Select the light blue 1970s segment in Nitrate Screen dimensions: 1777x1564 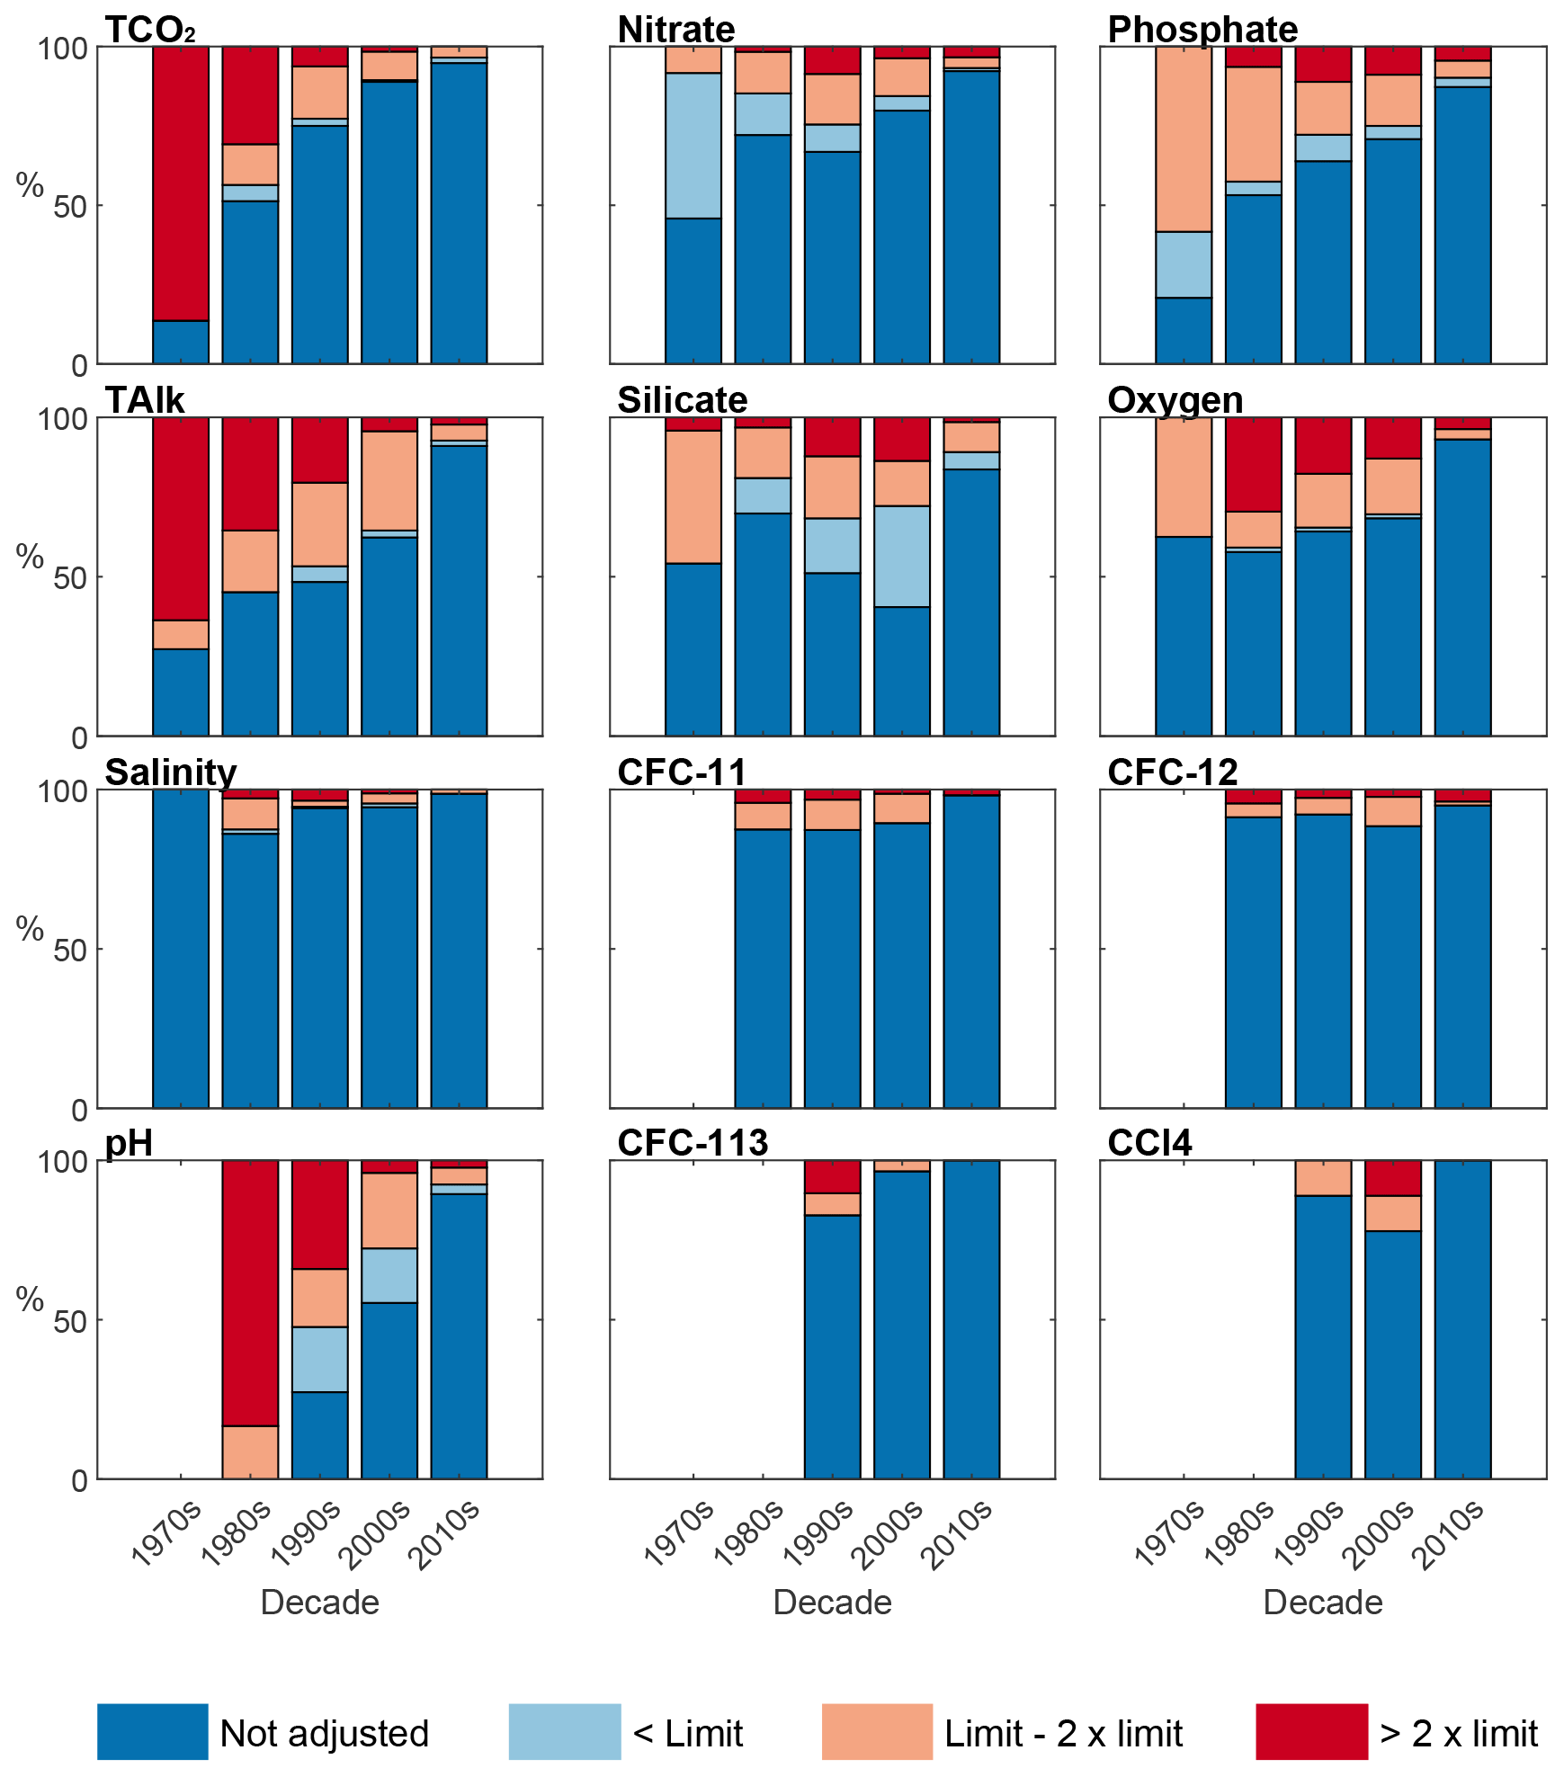tap(693, 145)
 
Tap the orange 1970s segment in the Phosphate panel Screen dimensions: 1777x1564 tap(1184, 138)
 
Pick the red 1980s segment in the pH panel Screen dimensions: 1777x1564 tap(250, 1292)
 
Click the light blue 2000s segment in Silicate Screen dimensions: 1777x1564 tap(902, 556)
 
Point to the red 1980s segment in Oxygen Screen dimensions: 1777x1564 tap(1253, 464)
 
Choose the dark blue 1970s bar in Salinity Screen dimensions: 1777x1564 tap(181, 949)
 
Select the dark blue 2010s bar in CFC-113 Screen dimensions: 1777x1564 tap(971, 1319)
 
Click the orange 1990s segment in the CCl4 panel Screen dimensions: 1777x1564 tap(1323, 1177)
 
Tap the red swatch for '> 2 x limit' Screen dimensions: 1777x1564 tap(1311, 1731)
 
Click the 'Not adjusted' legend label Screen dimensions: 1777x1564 tap(324, 1733)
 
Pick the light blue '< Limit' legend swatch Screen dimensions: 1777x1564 tap(564, 1731)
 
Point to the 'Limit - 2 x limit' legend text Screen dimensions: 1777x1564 tap(1063, 1733)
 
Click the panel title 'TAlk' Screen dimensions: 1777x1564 tap(145, 400)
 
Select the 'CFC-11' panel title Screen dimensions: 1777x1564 tap(682, 772)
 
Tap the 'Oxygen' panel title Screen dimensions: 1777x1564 tap(1175, 400)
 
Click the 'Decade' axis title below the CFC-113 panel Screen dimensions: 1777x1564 tap(832, 1602)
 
